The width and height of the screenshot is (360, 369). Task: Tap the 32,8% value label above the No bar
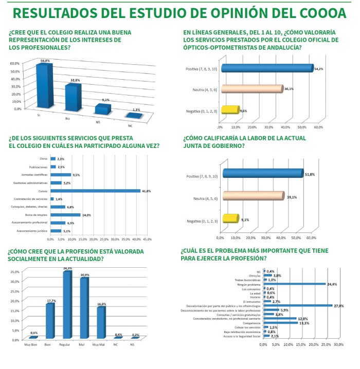pos(75,81)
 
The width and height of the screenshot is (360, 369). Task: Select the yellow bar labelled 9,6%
pos(229,110)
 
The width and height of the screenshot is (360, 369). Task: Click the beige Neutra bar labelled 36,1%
pos(251,89)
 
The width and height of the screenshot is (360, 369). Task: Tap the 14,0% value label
pos(86,214)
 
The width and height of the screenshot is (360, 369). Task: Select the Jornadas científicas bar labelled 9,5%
pos(60,175)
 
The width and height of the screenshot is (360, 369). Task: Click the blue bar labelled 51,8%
pos(263,175)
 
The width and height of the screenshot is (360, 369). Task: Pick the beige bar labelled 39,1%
pos(252,196)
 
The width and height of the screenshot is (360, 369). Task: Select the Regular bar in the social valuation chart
pos(66,304)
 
